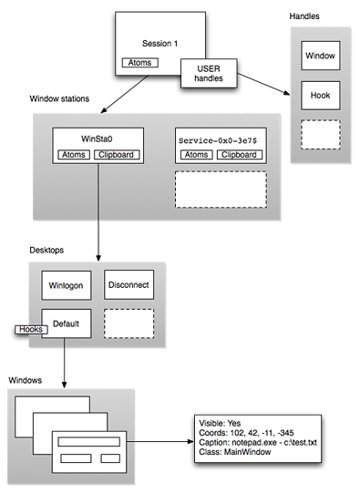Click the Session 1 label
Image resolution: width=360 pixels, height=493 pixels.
tap(161, 44)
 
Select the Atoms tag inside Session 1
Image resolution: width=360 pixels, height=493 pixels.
tap(139, 63)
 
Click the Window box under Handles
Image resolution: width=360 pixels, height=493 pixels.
tap(319, 56)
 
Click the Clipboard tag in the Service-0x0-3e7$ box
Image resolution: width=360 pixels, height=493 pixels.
tap(239, 156)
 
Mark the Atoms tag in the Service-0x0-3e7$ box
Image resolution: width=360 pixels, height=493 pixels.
tap(195, 156)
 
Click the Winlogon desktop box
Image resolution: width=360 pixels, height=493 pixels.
tap(67, 286)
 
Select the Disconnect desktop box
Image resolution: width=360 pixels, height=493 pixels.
tap(129, 286)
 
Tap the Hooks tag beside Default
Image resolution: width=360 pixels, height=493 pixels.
tap(30, 331)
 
